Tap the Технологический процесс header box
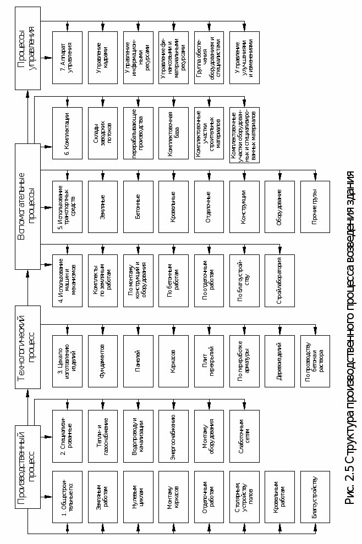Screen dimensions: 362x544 [x=28, y=347]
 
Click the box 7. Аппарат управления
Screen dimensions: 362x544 [x=67, y=57]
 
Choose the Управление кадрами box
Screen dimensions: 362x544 [x=102, y=57]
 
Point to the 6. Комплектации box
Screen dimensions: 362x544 [x=67, y=132]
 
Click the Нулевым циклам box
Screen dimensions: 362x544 [x=138, y=497]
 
